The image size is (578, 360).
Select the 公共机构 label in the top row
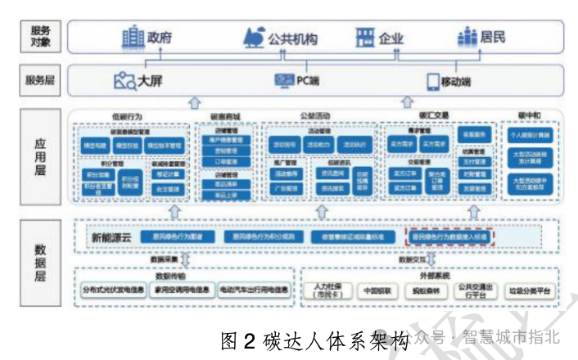coord(292,38)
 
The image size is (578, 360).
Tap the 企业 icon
coord(364,38)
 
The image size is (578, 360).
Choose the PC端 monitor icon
coord(284,81)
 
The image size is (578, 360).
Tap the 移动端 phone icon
coord(433,82)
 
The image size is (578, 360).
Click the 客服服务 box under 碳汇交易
coord(475,133)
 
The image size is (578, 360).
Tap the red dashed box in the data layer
coord(450,236)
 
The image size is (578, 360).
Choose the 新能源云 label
coord(111,236)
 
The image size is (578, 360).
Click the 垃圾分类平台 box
coord(530,290)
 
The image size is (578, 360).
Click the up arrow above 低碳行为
coord(194,102)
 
